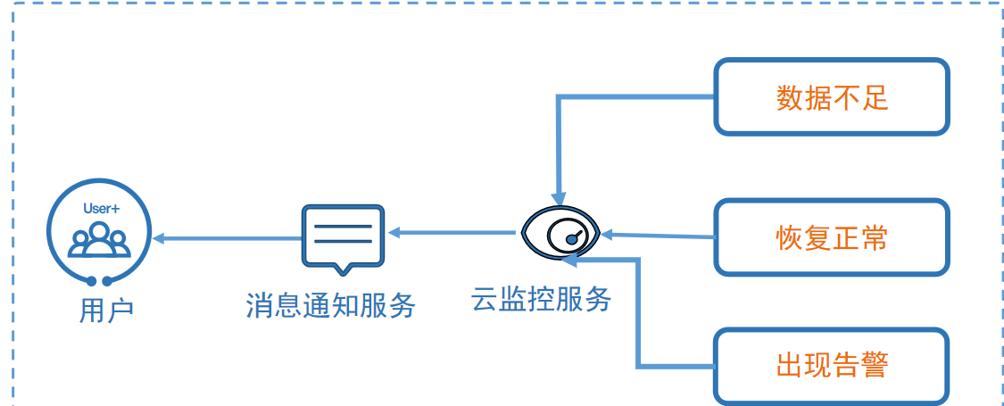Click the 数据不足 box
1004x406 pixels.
point(831,97)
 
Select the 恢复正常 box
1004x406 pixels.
point(831,237)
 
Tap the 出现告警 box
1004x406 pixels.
point(831,367)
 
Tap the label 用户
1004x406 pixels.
point(106,311)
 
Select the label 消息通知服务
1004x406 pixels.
point(331,305)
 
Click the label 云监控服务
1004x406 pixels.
point(541,298)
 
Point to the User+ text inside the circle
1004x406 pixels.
point(99,208)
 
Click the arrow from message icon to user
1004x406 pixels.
point(228,239)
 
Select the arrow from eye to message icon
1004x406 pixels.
point(452,233)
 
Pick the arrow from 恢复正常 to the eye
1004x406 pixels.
point(658,236)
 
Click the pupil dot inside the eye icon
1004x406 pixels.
point(572,239)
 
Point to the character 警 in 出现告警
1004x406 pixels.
point(875,367)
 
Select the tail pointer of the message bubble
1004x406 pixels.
point(344,269)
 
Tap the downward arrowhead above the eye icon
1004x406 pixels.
point(560,198)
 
